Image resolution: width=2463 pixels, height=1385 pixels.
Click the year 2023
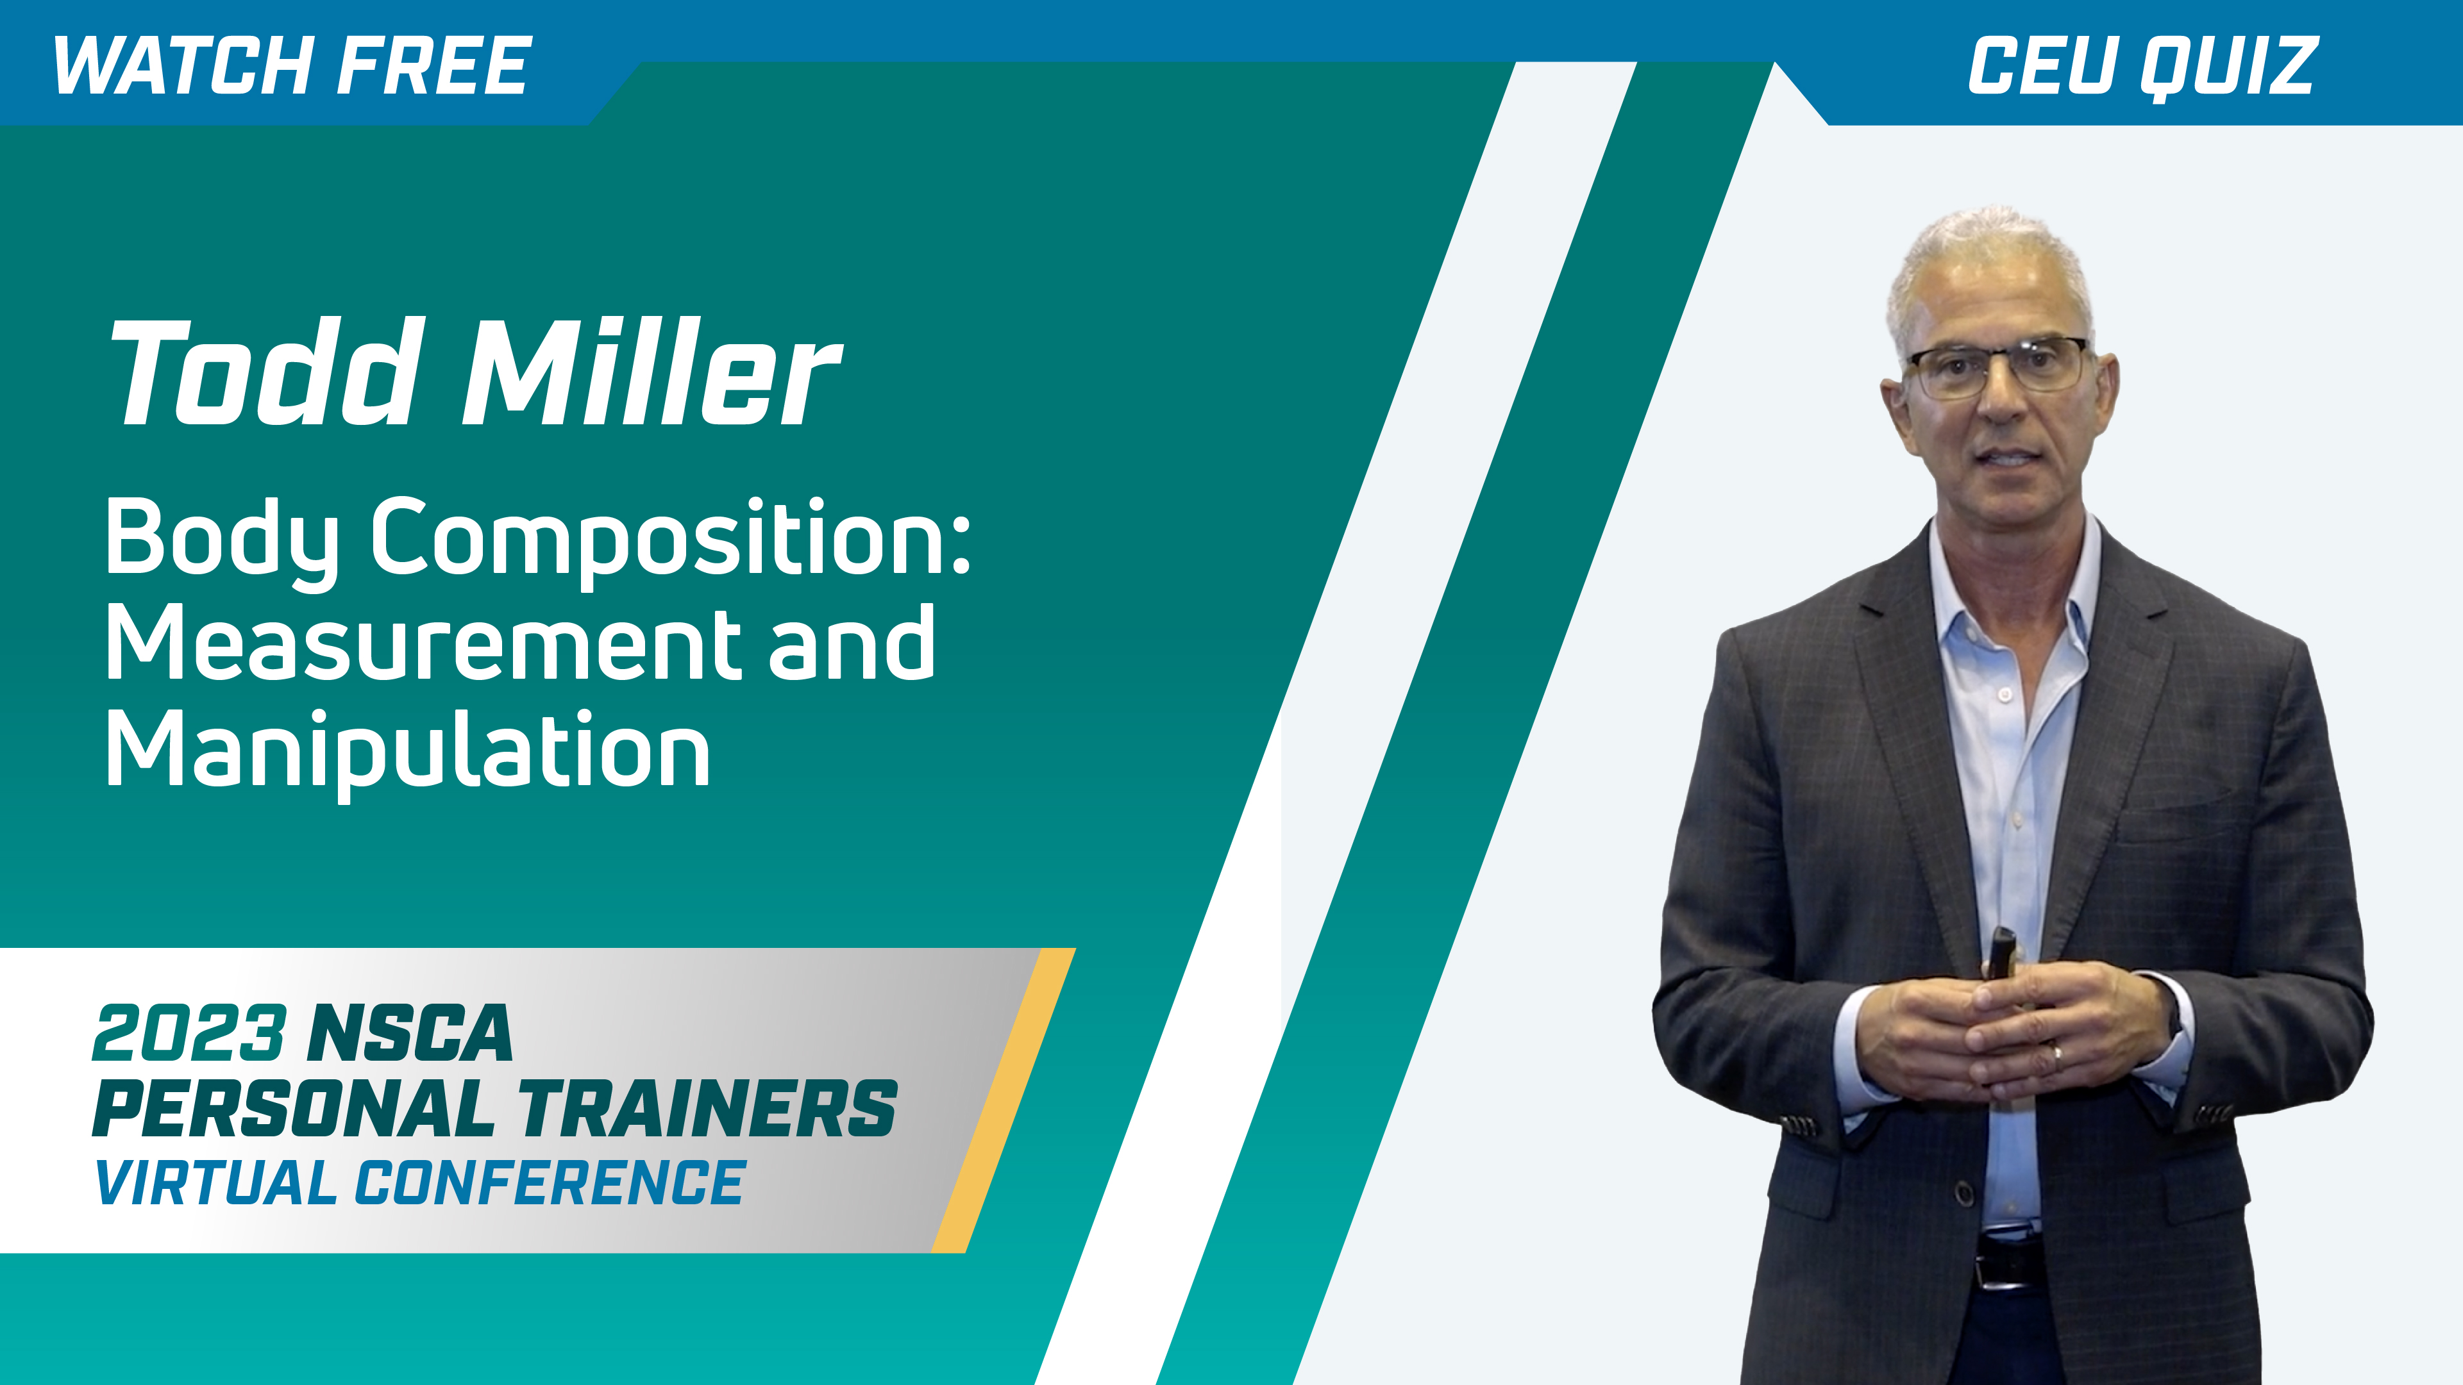189,1033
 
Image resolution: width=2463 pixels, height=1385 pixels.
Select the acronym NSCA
411,1033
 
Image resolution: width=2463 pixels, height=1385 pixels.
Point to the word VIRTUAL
215,1182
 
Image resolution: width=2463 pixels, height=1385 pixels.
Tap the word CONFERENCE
550,1182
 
